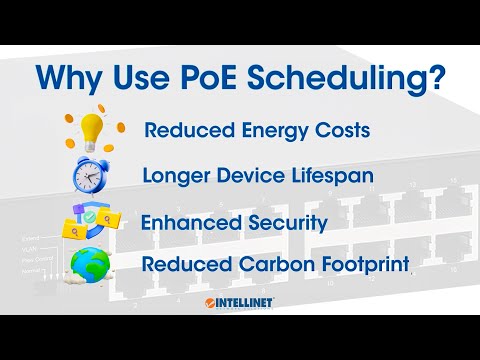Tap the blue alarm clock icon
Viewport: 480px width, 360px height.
93,175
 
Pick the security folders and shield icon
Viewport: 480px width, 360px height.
92,221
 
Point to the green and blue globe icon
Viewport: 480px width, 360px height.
93,265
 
